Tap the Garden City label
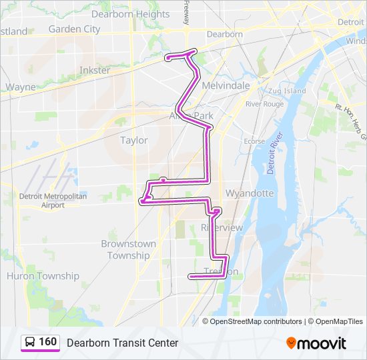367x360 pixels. (74, 29)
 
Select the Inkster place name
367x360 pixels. (95, 70)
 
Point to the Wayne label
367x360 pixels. (21, 87)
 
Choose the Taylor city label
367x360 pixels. (133, 140)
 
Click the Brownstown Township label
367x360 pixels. (128, 249)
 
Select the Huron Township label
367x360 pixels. (43, 276)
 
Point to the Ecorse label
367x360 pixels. (254, 141)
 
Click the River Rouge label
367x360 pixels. (264, 104)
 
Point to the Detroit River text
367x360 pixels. (273, 153)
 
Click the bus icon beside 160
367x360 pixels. (30, 342)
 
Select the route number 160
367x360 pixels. (48, 342)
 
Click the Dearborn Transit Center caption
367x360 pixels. (122, 343)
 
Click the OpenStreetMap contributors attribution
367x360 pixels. (256, 321)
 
